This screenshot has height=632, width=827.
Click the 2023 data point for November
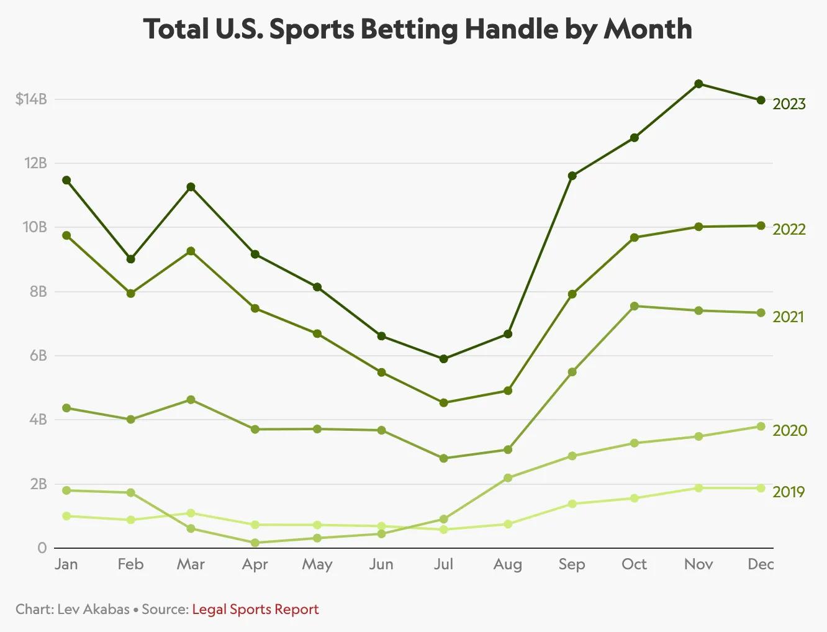[x=698, y=84]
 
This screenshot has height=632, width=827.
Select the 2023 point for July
[x=443, y=359]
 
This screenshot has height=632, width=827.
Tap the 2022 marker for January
[x=66, y=235]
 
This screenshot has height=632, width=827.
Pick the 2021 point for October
[x=634, y=306]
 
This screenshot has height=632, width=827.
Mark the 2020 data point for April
[x=255, y=543]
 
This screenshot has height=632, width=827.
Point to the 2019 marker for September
[x=572, y=503]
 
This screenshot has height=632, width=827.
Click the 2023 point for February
[x=130, y=259]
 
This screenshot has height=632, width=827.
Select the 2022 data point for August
[x=508, y=390]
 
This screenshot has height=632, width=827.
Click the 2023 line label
[x=789, y=104]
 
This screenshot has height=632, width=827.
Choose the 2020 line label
[x=789, y=430]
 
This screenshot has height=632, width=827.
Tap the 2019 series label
[x=789, y=492]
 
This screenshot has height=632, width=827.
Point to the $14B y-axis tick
[x=31, y=99]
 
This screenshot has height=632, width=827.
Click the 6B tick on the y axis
[x=38, y=355]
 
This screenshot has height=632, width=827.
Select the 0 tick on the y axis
[x=42, y=548]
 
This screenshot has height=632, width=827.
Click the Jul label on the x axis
[x=443, y=564]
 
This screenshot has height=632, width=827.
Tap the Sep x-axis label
[x=572, y=564]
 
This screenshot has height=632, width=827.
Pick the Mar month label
[x=191, y=564]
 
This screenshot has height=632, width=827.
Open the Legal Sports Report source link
[x=255, y=609]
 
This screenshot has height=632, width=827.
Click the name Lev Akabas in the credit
[x=93, y=609]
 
